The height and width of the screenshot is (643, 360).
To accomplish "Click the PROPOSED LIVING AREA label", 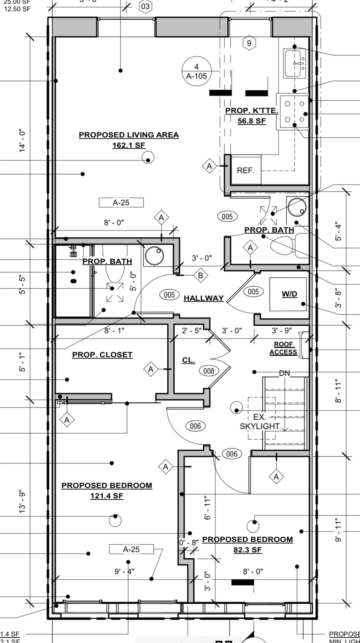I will [x=129, y=135].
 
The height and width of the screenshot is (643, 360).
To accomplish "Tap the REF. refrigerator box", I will [x=246, y=170].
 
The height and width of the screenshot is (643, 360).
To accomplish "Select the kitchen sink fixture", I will [x=295, y=64].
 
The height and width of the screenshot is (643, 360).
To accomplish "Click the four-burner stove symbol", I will [x=294, y=112].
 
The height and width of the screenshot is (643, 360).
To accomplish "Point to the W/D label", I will [x=289, y=294].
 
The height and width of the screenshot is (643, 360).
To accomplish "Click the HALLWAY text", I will [x=203, y=298].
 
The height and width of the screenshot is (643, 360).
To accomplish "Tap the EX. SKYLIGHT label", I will [x=260, y=422].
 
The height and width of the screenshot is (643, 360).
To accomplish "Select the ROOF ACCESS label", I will [x=283, y=348].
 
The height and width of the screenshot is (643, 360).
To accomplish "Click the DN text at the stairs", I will [x=285, y=373].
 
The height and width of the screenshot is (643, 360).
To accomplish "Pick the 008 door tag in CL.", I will [x=209, y=371].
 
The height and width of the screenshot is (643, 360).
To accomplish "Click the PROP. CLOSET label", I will [x=102, y=355].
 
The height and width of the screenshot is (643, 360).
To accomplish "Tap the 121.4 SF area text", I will [x=107, y=496].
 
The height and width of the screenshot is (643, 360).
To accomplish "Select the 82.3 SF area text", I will [x=247, y=550].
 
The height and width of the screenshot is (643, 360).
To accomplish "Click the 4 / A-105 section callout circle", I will [x=196, y=71].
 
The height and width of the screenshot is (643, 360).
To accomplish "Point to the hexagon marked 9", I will [x=249, y=43].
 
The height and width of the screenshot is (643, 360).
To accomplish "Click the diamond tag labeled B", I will [x=200, y=276].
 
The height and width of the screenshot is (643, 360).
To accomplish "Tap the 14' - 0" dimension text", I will [x=23, y=141].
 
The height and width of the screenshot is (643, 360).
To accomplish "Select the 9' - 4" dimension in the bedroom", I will [x=124, y=572].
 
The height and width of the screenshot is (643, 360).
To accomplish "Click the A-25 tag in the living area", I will [x=121, y=203].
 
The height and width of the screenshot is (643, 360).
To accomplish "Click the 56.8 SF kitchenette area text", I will [x=252, y=121].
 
